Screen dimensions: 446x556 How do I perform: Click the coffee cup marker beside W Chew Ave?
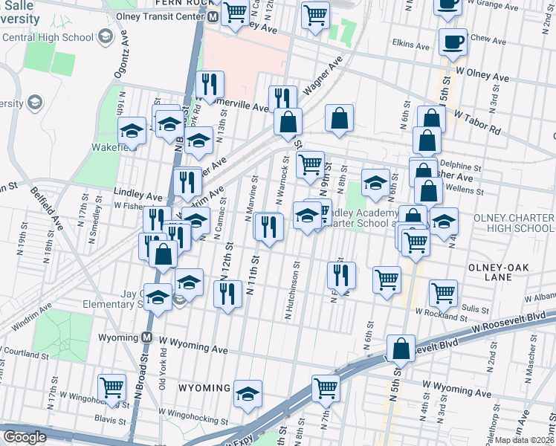(453, 42)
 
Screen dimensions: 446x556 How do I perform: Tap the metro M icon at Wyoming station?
(147, 337)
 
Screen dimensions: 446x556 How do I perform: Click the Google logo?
(25, 437)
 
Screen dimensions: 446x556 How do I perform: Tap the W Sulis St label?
(473, 308)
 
